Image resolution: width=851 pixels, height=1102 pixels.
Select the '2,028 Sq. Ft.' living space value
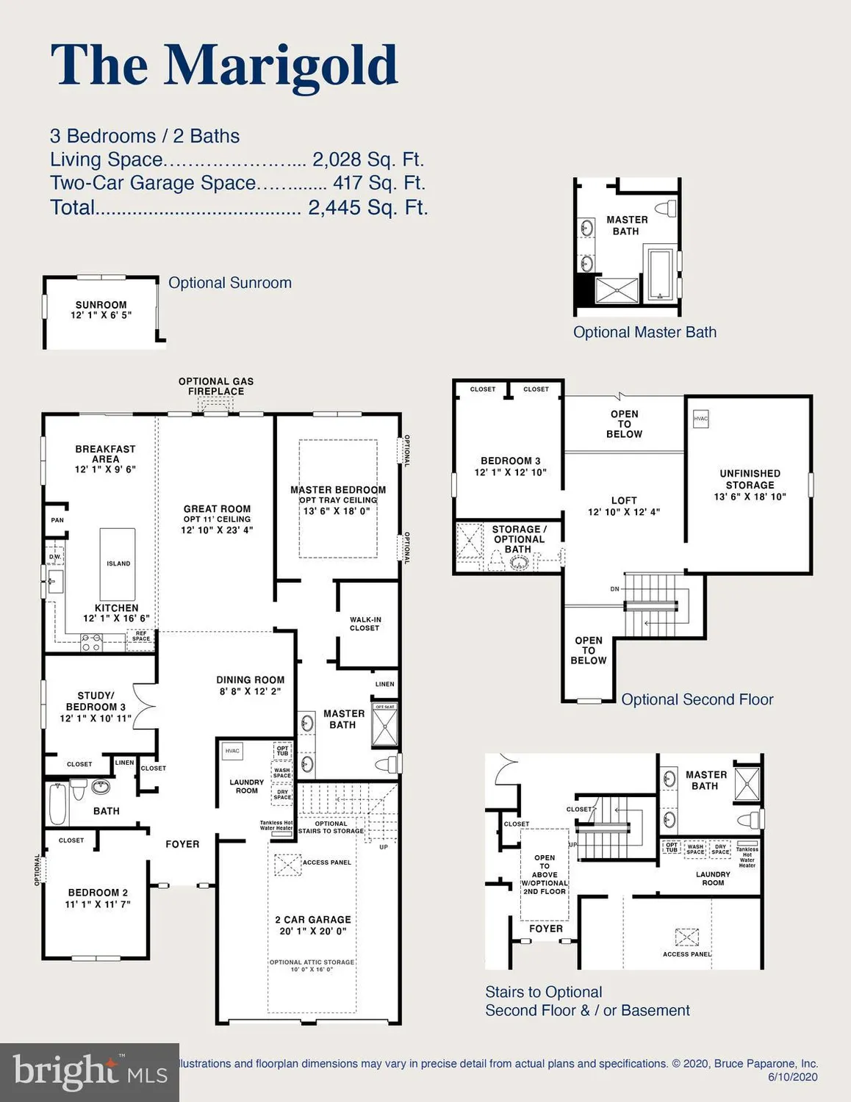click(x=367, y=159)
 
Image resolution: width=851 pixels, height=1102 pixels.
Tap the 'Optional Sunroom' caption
click(x=229, y=283)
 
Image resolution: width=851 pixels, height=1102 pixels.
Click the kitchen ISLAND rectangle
click(x=118, y=563)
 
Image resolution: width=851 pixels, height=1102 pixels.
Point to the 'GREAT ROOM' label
click(x=217, y=508)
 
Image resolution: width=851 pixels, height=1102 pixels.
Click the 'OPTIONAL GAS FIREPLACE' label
click(x=215, y=386)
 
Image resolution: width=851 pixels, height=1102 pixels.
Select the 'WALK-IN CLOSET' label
click(x=365, y=624)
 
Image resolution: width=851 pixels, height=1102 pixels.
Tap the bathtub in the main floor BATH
click(x=57, y=804)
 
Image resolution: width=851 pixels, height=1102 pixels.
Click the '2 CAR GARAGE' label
click(x=313, y=920)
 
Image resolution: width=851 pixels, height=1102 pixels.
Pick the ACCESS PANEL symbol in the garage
click(x=287, y=865)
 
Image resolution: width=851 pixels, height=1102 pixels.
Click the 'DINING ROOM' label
click(x=250, y=680)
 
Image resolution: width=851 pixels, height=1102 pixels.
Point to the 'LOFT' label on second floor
click(x=624, y=500)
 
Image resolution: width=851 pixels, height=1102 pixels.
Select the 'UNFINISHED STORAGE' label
click(x=750, y=479)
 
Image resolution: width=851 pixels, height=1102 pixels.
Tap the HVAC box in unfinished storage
click(x=700, y=419)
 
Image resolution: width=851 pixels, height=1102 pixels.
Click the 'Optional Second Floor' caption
click(x=697, y=699)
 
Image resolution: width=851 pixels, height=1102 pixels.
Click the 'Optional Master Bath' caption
click(x=644, y=332)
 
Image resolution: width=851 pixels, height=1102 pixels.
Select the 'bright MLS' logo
click(x=89, y=1073)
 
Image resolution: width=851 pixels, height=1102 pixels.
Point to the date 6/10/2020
click(x=792, y=1077)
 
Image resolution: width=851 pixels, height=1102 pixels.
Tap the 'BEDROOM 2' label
click(x=98, y=893)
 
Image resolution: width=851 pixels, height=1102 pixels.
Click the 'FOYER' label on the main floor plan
click(x=182, y=844)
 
